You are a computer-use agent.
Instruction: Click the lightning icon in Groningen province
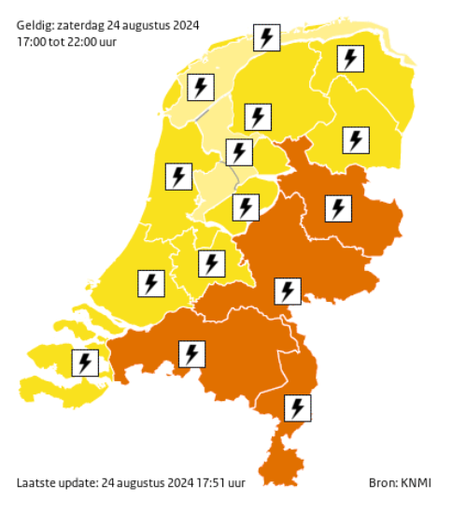[x=350, y=59]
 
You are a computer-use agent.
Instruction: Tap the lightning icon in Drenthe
[x=355, y=140]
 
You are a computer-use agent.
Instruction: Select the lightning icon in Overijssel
[x=337, y=207]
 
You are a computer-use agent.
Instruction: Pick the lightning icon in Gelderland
[x=288, y=291]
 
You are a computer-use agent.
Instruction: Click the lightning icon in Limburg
[x=298, y=407]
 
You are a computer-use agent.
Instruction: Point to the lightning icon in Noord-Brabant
[x=191, y=353]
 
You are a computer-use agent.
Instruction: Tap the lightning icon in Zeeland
[x=86, y=362]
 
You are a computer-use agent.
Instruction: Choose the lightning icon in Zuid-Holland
[x=150, y=282]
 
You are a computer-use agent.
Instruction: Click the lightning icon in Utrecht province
[x=212, y=264]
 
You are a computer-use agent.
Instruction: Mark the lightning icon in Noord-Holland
[x=177, y=176]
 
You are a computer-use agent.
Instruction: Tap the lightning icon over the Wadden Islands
[x=267, y=38]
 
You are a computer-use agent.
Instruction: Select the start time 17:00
[x=33, y=41]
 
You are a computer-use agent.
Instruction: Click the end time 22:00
[x=91, y=41]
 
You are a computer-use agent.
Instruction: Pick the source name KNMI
[x=416, y=482]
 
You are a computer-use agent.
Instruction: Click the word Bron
[x=382, y=482]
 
